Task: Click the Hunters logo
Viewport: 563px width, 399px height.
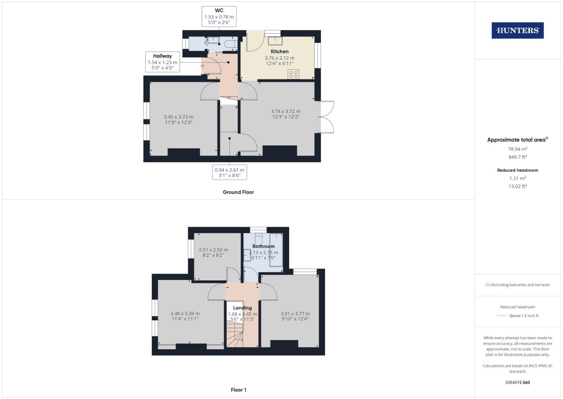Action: coord(517,31)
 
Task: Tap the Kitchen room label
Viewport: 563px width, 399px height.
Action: coord(279,51)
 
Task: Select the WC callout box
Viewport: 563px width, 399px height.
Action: coord(219,16)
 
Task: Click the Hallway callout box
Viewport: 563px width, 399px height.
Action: coord(162,62)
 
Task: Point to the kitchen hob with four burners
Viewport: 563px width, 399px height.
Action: coord(293,74)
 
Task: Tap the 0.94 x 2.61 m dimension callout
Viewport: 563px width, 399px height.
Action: coord(229,173)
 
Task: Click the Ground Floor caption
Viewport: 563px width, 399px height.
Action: coord(238,192)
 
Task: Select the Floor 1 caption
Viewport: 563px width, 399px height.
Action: coord(238,390)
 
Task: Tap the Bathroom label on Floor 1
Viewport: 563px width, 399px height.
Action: coord(263,246)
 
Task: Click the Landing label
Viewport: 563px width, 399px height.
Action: coord(242,308)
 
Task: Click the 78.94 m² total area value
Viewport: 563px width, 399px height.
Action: coord(517,149)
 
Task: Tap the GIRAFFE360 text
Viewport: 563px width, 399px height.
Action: coord(517,382)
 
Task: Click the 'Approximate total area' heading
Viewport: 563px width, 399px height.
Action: coord(517,140)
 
